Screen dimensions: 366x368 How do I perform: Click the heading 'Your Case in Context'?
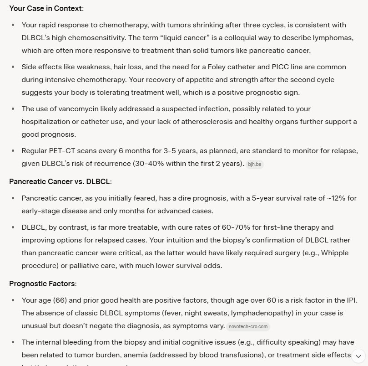[46, 9]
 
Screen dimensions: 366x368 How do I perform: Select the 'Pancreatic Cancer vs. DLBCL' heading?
[60, 181]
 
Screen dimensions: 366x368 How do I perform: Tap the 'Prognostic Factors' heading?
[42, 284]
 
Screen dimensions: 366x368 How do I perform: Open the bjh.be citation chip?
[254, 164]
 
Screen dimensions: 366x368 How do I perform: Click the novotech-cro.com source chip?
[248, 326]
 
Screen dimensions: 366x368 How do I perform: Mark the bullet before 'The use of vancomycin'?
[13, 109]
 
